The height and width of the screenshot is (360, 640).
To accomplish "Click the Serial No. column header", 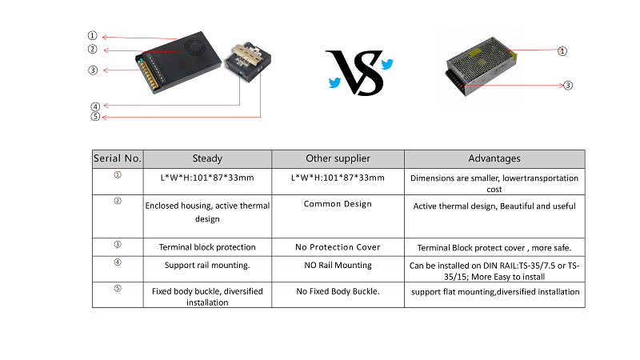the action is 118,158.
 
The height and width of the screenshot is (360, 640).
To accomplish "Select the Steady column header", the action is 207,158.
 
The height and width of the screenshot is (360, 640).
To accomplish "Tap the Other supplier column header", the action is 338,158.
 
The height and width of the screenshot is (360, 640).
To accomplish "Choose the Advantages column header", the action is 494,158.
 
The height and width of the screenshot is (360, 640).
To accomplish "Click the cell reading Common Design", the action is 338,204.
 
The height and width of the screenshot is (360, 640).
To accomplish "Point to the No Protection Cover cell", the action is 338,247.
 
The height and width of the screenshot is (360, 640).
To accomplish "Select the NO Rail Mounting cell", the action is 338,266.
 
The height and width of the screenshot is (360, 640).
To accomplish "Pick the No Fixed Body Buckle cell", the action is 338,291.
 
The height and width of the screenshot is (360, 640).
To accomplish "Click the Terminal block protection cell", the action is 207,247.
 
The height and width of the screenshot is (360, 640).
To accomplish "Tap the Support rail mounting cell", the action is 207,266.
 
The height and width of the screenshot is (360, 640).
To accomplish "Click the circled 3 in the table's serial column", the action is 118,245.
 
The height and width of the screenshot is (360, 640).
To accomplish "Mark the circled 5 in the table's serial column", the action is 118,289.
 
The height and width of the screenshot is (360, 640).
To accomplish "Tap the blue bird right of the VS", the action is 387,64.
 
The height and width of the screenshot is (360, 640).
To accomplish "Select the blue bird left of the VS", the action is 334,83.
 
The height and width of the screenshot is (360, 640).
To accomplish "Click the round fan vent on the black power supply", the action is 195,47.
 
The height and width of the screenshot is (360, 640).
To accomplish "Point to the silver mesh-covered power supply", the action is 481,66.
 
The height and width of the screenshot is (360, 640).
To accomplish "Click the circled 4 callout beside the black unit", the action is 95,106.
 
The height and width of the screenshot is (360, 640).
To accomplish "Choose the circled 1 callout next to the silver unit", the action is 562,51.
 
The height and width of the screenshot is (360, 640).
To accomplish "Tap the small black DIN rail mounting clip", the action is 248,62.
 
